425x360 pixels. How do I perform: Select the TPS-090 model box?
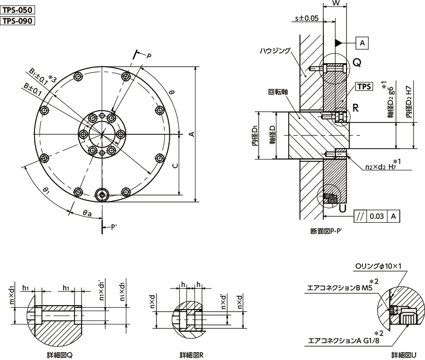tap(18, 20)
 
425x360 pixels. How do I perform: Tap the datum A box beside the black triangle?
tap(362, 43)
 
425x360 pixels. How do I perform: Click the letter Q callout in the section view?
tap(357, 62)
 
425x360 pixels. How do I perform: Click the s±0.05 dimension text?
tap(306, 18)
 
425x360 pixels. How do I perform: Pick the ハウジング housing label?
tap(275, 50)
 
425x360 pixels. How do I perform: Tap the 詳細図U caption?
tap(407, 355)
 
